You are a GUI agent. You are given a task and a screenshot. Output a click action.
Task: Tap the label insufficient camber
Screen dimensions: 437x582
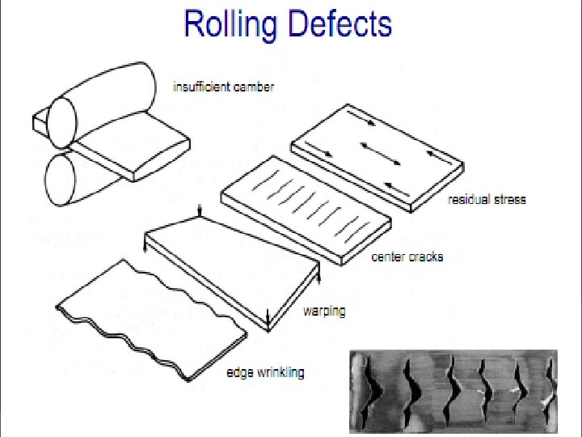[x=223, y=87]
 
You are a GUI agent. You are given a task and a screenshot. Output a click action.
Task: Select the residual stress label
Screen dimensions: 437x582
[x=487, y=199]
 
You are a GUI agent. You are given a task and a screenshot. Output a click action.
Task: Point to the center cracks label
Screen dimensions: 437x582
[x=407, y=257]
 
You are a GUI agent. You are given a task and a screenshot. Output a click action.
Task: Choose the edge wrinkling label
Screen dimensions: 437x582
[x=265, y=373]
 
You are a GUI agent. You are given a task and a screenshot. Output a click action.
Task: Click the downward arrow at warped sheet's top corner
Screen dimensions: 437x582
[x=198, y=210]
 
